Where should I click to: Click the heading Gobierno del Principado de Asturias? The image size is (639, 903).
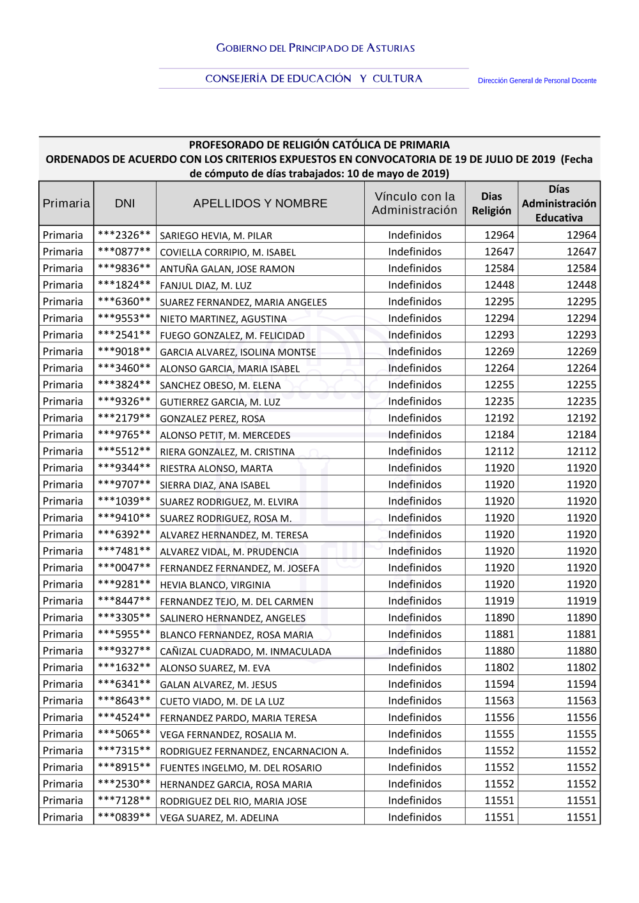[315, 48]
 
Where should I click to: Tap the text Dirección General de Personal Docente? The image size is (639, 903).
[537, 81]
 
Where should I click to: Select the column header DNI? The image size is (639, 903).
[125, 204]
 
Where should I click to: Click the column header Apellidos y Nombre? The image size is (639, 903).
[260, 204]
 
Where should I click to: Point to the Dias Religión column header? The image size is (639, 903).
[491, 204]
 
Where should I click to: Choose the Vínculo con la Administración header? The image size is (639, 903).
[415, 204]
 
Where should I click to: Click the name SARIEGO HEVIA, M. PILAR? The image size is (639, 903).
[216, 236]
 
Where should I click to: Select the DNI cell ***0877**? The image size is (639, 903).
[125, 252]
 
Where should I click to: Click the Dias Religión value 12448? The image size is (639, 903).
[499, 285]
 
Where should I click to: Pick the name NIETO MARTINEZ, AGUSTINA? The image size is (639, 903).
[223, 319]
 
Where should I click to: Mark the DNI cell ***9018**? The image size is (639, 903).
[125, 351]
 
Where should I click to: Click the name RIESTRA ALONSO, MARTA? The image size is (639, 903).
[216, 468]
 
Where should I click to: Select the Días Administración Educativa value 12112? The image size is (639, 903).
[581, 451]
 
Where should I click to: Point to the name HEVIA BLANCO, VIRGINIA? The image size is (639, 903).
[215, 585]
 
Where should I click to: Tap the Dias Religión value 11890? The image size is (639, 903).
[499, 618]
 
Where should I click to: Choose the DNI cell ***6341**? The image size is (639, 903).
[125, 684]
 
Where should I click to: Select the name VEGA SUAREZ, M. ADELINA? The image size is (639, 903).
[219, 818]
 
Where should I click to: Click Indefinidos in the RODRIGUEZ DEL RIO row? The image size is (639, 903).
[415, 801]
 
